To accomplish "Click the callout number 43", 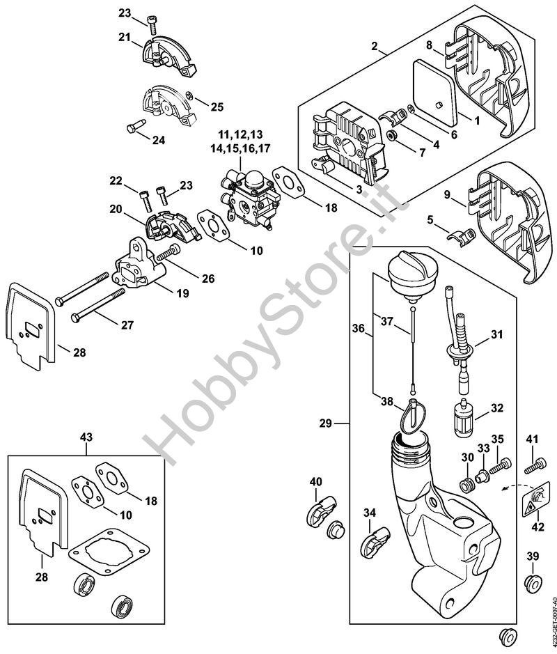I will (86, 437).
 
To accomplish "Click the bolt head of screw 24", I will (131, 127).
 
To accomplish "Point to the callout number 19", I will (182, 294).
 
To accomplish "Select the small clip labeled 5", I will (457, 236).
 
